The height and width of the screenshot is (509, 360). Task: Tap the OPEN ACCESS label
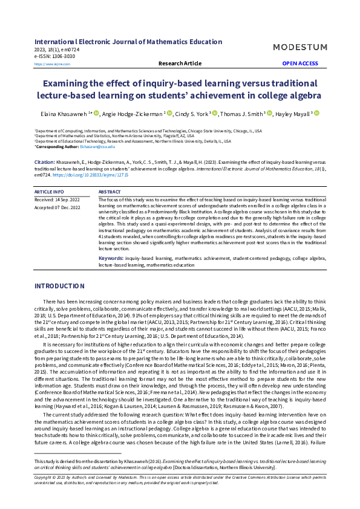pyautogui.click(x=299, y=63)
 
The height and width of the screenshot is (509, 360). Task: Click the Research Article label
pyautogui.click(x=180, y=63)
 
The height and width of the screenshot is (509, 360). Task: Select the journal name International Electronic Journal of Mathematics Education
pyautogui.click(x=128, y=42)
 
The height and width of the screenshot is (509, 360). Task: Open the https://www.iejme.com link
pyautogui.click(x=48, y=63)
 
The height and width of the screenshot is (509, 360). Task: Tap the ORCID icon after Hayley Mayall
pyautogui.click(x=316, y=113)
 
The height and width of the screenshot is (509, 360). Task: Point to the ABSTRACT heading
pyautogui.click(x=110, y=191)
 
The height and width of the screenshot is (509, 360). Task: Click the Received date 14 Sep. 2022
pyautogui.click(x=57, y=198)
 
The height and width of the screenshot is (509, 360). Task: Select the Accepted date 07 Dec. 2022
pyautogui.click(x=57, y=207)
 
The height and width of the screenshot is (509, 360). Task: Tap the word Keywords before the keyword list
pyautogui.click(x=111, y=258)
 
